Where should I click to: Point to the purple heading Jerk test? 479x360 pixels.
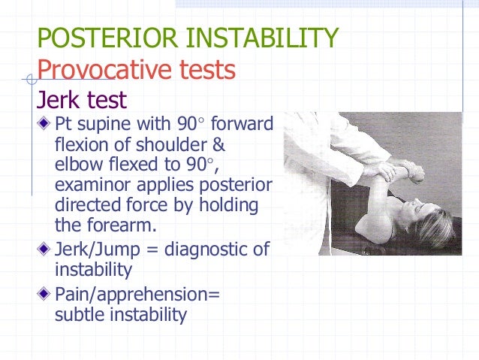pyautogui.click(x=82, y=100)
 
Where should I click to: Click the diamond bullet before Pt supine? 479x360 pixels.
pyautogui.click(x=45, y=123)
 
